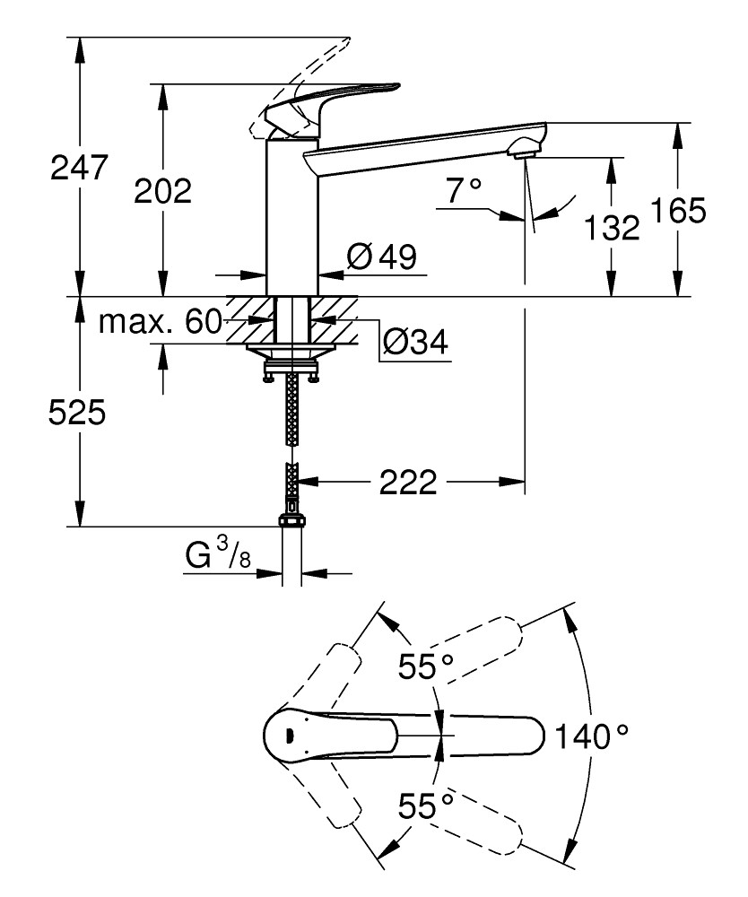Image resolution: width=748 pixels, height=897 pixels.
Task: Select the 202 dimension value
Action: point(162,190)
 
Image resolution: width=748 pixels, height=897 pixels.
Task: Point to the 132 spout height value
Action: point(612,228)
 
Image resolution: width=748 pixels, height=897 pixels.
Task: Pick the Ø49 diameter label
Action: point(381,258)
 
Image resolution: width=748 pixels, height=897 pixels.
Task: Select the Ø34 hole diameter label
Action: point(414,341)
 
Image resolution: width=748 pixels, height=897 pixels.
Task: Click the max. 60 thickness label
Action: point(160,321)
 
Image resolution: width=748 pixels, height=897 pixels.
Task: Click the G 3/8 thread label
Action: point(219,558)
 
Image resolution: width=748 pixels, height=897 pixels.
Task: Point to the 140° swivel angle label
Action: point(590,736)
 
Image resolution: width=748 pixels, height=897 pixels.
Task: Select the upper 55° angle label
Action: point(426,666)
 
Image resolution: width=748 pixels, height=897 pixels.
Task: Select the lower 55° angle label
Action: point(426,805)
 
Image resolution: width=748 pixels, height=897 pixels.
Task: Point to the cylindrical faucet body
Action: point(292,215)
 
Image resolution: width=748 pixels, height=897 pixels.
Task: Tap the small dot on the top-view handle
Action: point(289,736)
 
